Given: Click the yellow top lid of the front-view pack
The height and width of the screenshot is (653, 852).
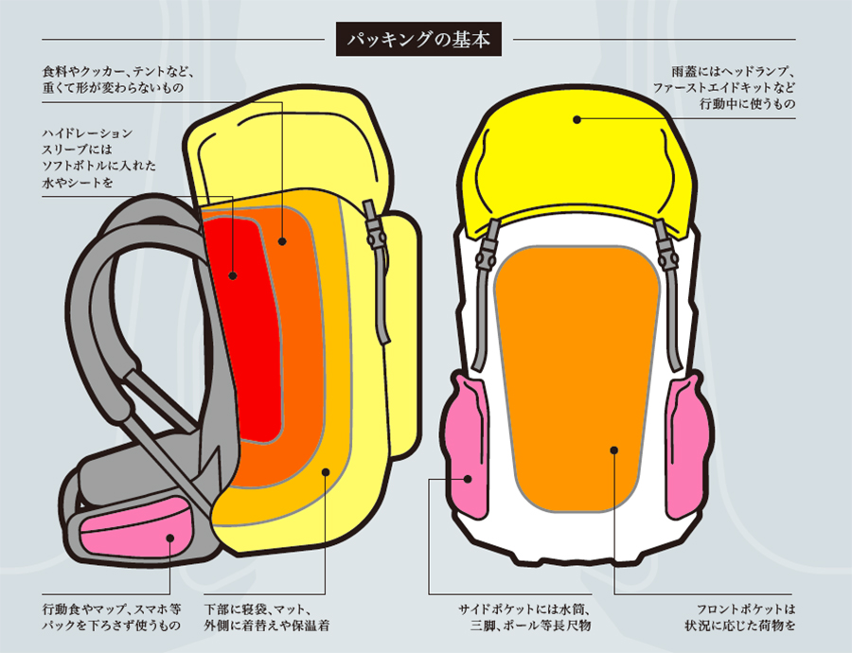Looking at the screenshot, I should (x=577, y=156).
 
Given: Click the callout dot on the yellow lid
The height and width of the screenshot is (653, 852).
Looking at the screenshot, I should (x=577, y=119).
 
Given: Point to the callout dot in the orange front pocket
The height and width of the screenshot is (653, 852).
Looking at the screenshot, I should (x=613, y=450).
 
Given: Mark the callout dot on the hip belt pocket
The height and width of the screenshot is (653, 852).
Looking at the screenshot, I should (x=170, y=538).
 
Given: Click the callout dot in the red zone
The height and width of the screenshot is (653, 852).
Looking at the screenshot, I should (x=234, y=276).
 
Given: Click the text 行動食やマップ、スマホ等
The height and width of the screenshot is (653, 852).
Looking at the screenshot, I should (x=112, y=609).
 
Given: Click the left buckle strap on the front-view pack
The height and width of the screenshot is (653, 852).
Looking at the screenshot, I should (x=489, y=251).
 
